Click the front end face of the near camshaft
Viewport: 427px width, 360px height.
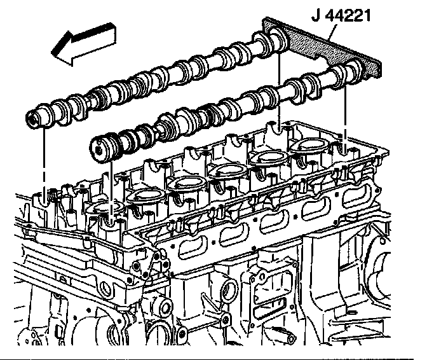pos(97,148)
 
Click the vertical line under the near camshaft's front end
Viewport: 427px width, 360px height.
pos(112,191)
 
